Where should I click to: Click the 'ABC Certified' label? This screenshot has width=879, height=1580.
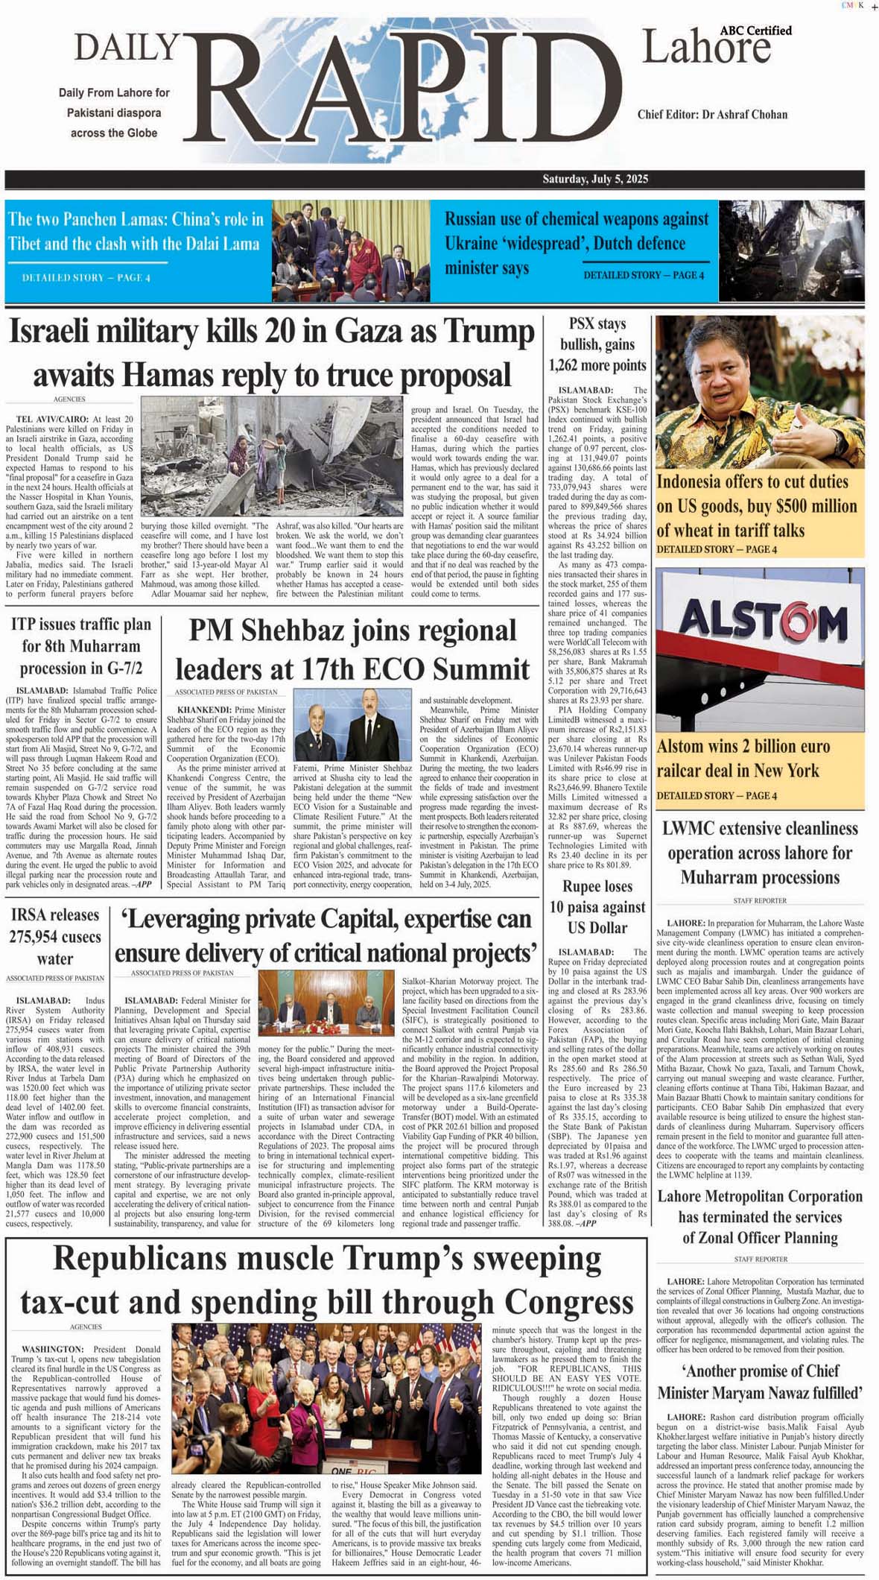pyautogui.click(x=755, y=31)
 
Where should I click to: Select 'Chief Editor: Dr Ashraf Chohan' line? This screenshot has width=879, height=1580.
pyautogui.click(x=711, y=115)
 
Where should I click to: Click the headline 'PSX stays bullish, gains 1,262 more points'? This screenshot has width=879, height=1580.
pyautogui.click(x=597, y=344)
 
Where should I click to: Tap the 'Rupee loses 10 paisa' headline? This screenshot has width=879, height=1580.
pyautogui.click(x=597, y=907)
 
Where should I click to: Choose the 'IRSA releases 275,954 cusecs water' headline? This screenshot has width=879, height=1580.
pyautogui.click(x=55, y=936)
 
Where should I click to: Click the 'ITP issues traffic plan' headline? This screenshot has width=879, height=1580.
pyautogui.click(x=81, y=645)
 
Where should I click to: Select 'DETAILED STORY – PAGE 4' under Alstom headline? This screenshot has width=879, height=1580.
pyautogui.click(x=716, y=795)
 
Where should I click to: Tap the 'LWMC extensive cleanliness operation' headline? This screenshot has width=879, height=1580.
pyautogui.click(x=760, y=853)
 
